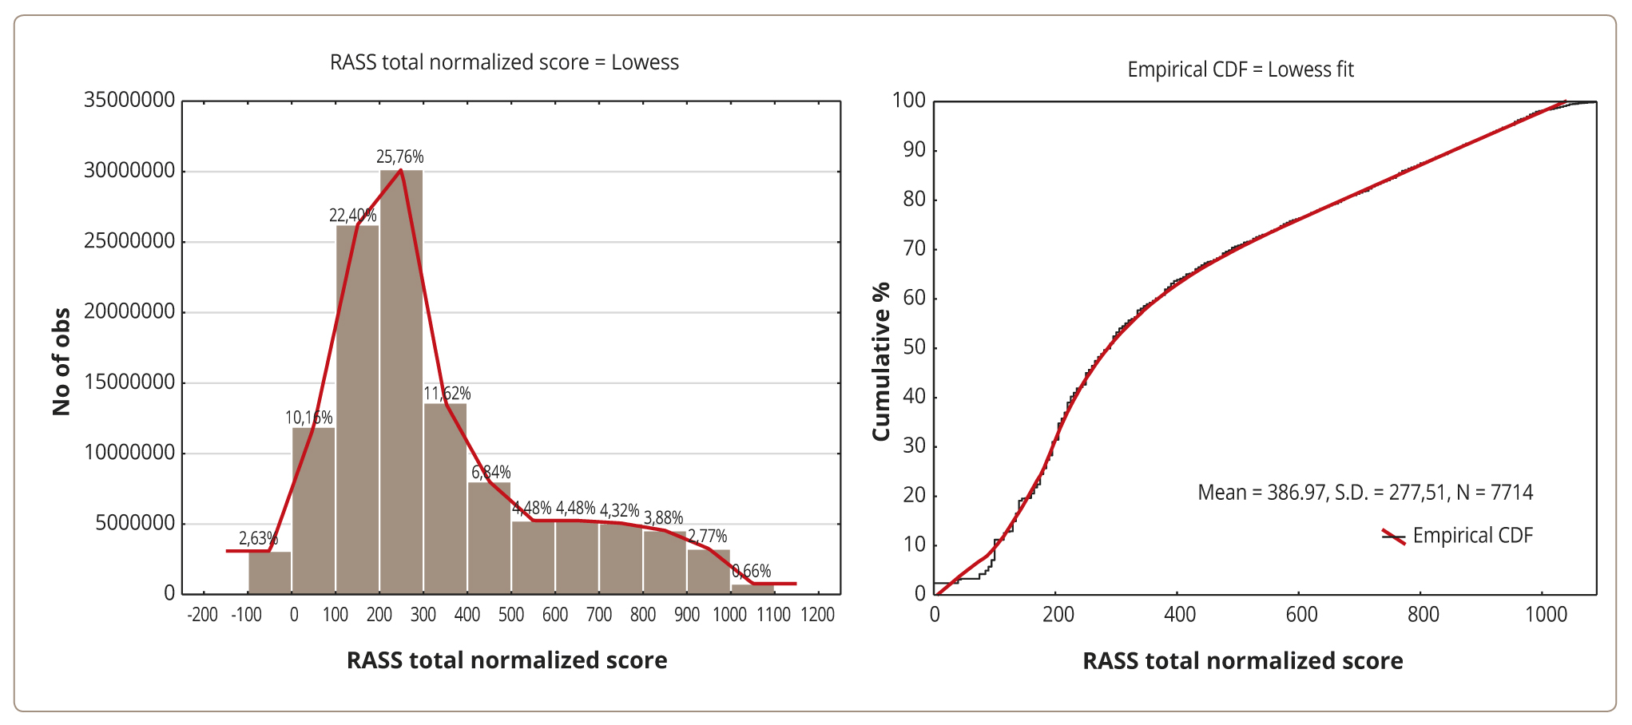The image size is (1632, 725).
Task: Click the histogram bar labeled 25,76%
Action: tap(402, 383)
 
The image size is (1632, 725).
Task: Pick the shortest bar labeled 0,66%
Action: tap(752, 589)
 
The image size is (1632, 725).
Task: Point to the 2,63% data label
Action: tap(258, 539)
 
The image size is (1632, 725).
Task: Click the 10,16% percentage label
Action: tap(308, 418)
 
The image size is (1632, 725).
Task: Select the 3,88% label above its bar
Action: tap(663, 517)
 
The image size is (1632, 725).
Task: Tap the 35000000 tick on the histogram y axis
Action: tap(129, 101)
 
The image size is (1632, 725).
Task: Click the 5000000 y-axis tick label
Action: tap(135, 524)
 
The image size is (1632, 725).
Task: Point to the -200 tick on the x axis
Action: tap(202, 615)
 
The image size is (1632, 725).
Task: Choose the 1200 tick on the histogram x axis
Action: tap(817, 615)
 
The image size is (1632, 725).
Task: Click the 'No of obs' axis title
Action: tap(62, 362)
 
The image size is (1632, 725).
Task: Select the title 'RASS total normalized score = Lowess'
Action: tap(504, 62)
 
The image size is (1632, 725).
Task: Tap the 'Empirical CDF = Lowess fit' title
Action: tap(1240, 69)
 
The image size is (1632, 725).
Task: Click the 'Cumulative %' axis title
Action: tap(881, 361)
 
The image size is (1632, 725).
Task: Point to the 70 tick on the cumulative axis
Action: tap(914, 249)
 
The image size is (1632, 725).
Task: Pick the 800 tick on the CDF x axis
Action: tap(1423, 615)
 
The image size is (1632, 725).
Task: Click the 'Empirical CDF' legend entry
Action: tap(1472, 536)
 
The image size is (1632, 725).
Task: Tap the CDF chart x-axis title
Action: tap(1242, 661)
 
